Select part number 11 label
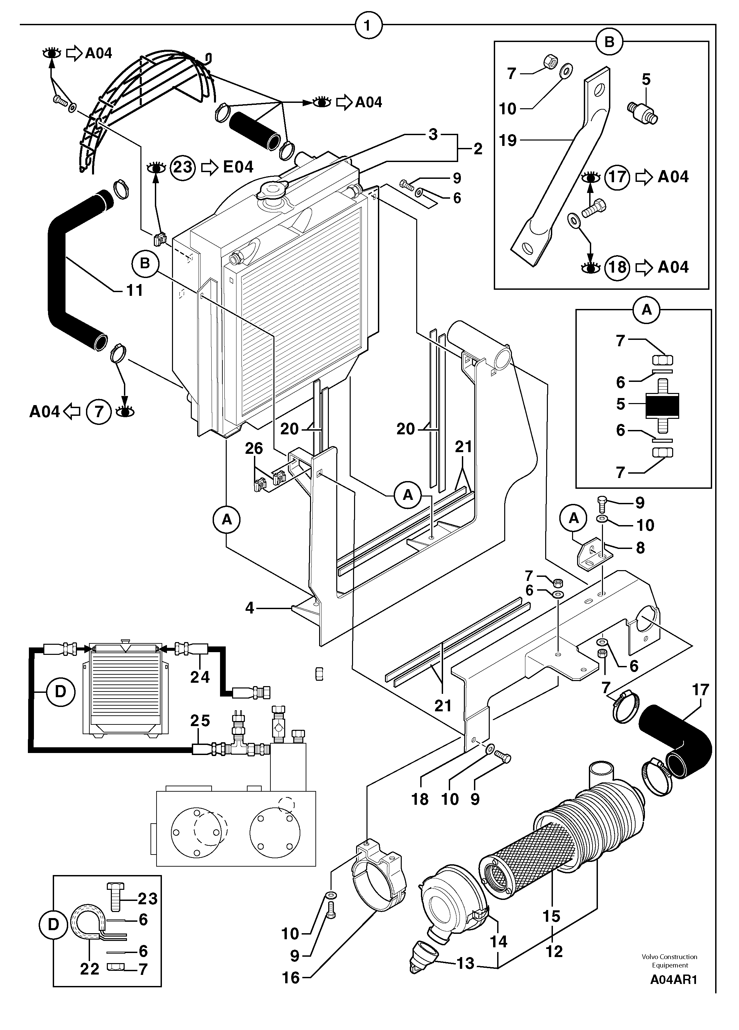[134, 290]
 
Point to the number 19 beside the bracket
[508, 140]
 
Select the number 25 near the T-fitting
[200, 720]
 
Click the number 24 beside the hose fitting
[200, 677]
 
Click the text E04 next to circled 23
[238, 167]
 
